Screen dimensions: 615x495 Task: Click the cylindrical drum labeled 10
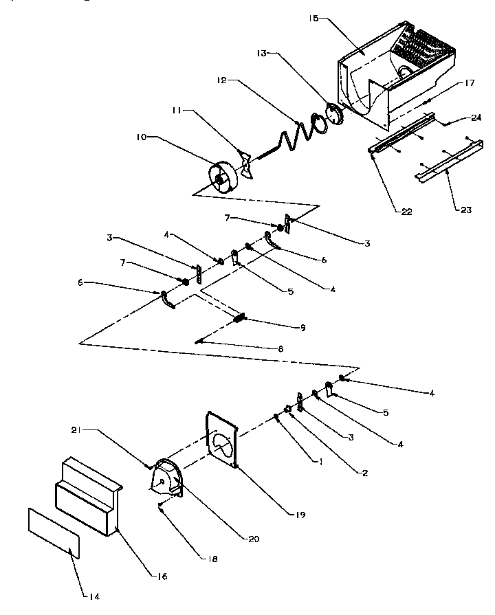223,177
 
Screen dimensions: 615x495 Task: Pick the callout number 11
177,111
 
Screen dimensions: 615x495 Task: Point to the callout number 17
470,84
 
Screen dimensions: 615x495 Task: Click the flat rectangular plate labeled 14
54,531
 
